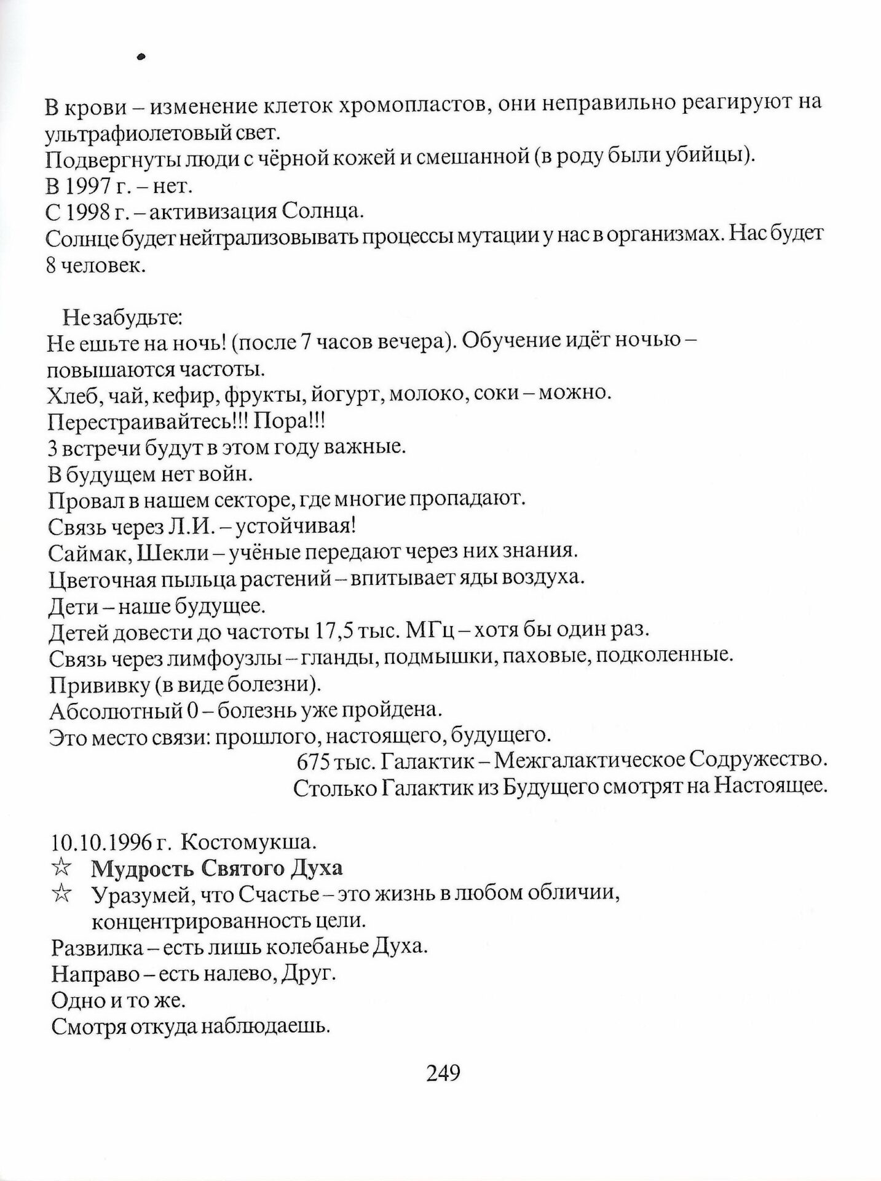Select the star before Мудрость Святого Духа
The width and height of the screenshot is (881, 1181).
click(62, 868)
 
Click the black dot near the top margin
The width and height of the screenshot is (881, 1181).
click(141, 57)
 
